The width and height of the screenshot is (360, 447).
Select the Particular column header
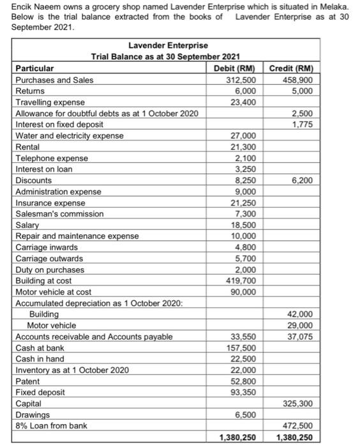(x=35, y=68)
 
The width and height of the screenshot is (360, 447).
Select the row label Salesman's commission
(x=59, y=214)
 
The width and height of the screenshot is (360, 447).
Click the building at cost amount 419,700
(x=242, y=280)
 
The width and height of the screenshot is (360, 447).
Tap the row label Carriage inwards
(x=47, y=247)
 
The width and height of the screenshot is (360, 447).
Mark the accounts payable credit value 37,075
(x=300, y=337)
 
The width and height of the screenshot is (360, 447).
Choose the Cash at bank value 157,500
(x=242, y=347)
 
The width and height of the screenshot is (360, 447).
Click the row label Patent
(x=27, y=381)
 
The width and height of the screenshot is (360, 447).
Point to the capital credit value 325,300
(x=298, y=404)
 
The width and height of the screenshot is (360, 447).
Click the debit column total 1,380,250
(x=237, y=437)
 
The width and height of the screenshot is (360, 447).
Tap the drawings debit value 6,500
(x=246, y=414)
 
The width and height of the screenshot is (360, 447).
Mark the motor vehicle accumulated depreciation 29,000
(x=300, y=325)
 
